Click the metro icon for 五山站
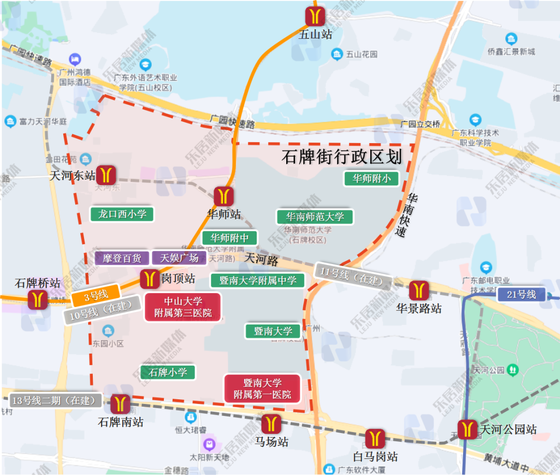click(x=315, y=16)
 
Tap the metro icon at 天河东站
click(x=108, y=175)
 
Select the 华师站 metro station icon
click(x=224, y=197)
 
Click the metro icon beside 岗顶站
click(x=150, y=278)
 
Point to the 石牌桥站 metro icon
click(x=38, y=300)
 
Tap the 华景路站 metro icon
click(x=418, y=290)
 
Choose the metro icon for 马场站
click(x=271, y=424)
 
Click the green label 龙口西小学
click(x=122, y=214)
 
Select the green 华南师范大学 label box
click(x=315, y=217)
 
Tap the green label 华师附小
click(x=371, y=178)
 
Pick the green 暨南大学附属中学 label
click(x=258, y=281)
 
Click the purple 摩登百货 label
click(x=122, y=258)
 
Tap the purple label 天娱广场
click(x=179, y=258)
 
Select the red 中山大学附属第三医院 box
click(x=183, y=307)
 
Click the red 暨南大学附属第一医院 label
click(x=262, y=389)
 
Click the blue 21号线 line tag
click(x=521, y=295)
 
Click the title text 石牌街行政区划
click(x=342, y=157)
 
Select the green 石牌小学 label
click(x=167, y=372)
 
